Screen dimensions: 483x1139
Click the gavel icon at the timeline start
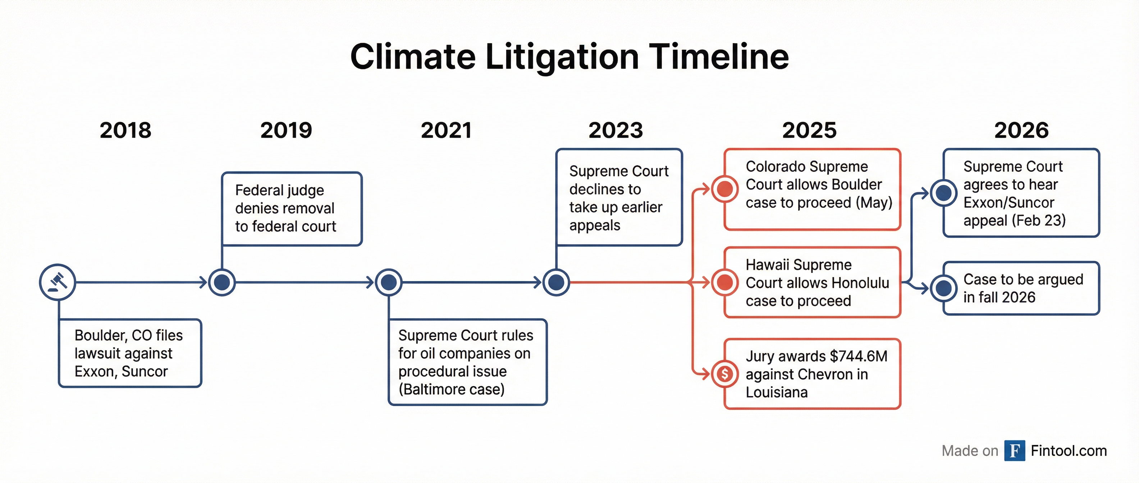58,282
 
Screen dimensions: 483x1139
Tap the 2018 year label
125,130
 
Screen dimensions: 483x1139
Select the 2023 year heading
616,130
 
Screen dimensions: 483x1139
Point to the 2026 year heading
1021,130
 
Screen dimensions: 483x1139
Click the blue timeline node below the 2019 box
222,282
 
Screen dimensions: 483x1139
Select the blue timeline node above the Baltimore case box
389,282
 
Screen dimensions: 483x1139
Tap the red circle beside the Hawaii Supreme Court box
725,282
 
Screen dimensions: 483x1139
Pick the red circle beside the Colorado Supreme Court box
725,189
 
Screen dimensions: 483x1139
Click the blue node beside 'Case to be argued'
943,288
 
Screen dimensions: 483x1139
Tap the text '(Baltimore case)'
452,389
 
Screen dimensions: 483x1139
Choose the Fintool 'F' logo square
1014,451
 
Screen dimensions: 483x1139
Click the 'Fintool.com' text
1069,451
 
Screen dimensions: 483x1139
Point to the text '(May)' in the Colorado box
874,202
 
